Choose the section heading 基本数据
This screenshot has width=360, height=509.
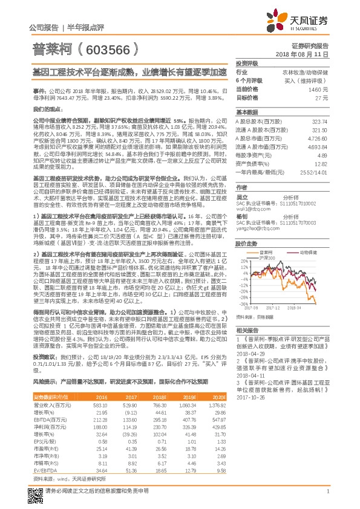point(247,112)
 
